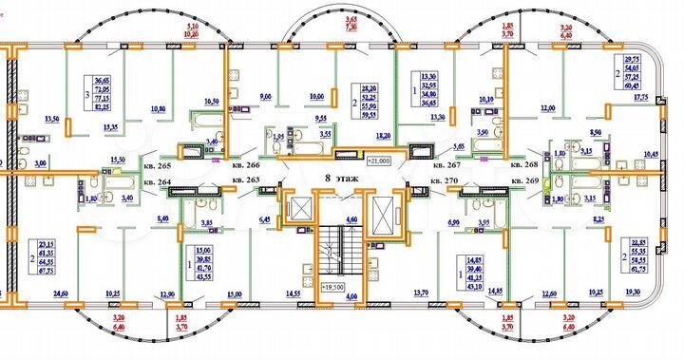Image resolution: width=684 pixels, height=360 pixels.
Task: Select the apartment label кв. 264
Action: tap(158, 180)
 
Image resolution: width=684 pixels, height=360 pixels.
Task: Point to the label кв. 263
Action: tap(246, 180)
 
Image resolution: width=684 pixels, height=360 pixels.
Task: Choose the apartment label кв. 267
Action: tap(445, 164)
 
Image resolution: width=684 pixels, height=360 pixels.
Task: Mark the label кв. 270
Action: tap(445, 180)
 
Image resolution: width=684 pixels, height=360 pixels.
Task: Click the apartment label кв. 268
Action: tap(524, 164)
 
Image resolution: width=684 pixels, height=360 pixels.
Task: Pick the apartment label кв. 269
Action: tap(524, 180)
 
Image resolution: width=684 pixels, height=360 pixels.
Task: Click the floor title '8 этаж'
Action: tap(339, 177)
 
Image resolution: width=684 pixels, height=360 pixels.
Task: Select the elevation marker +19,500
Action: tap(332, 285)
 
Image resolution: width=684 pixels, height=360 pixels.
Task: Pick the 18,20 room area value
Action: tap(383, 137)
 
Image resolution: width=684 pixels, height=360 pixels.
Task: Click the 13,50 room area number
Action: tap(53, 120)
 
